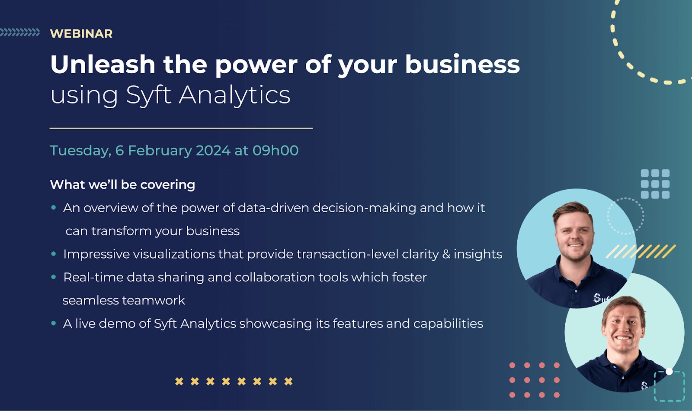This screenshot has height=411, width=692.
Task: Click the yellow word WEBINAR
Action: coord(81,34)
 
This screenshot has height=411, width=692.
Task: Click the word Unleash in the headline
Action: coord(103,65)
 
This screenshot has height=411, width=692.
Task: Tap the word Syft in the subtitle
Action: coord(149,95)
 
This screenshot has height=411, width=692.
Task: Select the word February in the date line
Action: coord(160,151)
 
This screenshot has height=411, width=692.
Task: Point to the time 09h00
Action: coord(276,151)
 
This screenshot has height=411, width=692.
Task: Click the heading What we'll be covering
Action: coord(123,184)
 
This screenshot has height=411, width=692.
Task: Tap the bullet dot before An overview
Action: coord(54,207)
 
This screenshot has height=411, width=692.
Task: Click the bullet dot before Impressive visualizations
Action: coord(54,254)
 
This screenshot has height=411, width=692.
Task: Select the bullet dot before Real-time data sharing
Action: coord(54,277)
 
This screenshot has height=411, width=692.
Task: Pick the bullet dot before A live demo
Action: coord(54,324)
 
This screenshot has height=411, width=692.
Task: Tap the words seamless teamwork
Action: coord(124,300)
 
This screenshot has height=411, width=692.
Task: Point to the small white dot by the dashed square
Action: coord(669,372)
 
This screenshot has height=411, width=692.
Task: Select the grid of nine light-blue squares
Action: coord(655,184)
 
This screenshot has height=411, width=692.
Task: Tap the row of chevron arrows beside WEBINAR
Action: coord(20,32)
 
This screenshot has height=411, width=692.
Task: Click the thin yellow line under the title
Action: coord(181,128)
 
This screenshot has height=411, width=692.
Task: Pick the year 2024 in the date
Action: coord(213,151)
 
